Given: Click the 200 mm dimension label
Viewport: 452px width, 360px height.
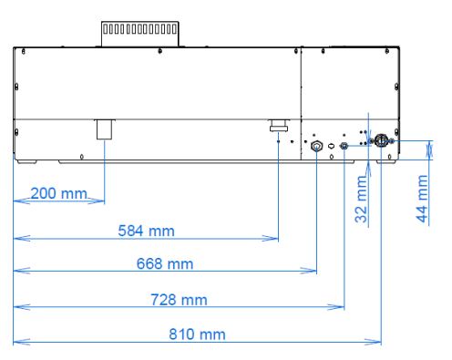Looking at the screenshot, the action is pos(59,193).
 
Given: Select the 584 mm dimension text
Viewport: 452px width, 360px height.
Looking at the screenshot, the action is pos(146,231).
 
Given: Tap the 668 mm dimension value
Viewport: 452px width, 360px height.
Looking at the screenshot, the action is pos(165,263).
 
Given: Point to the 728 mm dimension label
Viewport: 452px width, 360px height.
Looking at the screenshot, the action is pos(179,300).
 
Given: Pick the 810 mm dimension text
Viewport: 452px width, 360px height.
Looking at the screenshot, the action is pos(197,334).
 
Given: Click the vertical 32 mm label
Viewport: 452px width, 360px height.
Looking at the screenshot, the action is pos(361,199).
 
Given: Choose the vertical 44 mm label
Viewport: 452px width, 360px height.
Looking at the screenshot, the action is pos(422,199).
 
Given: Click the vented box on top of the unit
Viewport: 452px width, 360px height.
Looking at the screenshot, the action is pos(139,34).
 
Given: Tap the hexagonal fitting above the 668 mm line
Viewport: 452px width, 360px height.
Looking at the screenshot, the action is pos(316,147).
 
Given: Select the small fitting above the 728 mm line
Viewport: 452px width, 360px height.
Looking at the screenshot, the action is pos(344,146).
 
